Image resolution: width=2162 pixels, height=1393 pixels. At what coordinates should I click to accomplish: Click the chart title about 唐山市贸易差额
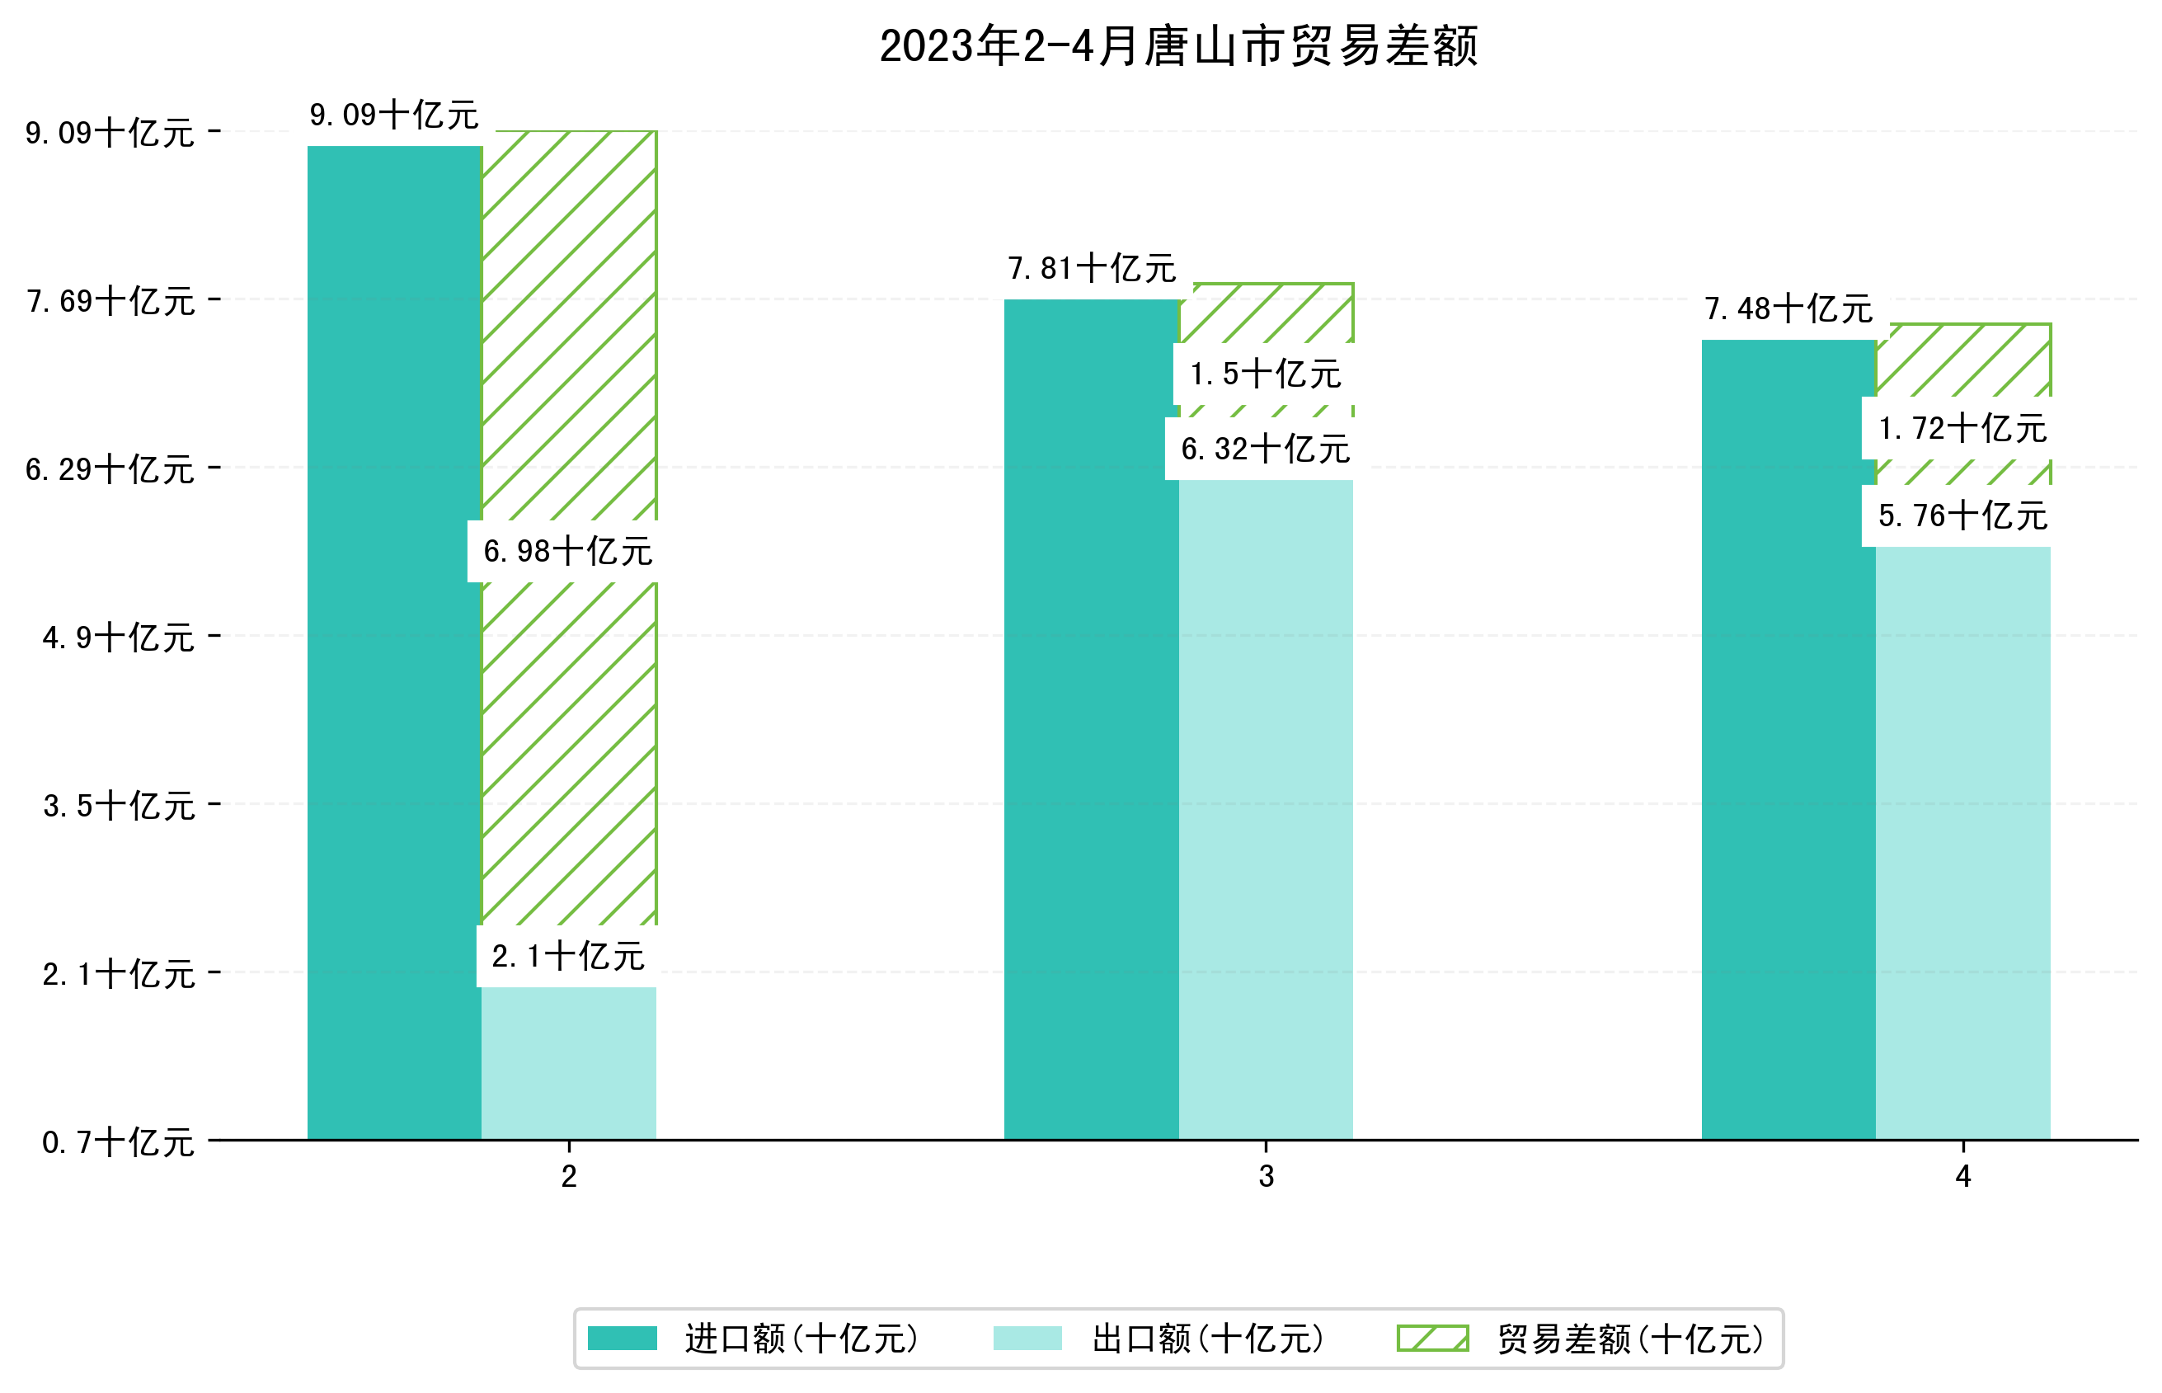click(x=1178, y=46)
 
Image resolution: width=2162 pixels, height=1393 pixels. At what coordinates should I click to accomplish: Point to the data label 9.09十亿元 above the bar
click(x=394, y=115)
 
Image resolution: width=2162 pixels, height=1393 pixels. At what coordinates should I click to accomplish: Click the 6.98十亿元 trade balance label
click(x=568, y=551)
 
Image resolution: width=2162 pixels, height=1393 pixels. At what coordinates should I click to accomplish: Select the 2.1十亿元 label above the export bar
click(x=568, y=956)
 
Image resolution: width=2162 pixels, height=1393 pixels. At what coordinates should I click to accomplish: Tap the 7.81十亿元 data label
click(x=1092, y=268)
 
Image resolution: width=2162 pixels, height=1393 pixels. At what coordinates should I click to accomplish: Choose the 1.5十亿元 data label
click(x=1265, y=374)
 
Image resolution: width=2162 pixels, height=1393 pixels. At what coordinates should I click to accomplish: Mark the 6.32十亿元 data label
click(x=1265, y=449)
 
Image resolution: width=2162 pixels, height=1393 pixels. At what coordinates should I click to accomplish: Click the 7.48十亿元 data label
click(x=1788, y=308)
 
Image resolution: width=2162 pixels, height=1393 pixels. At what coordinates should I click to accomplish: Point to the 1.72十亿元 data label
click(x=1962, y=428)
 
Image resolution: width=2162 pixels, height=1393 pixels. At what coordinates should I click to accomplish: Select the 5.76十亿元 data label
click(x=1962, y=515)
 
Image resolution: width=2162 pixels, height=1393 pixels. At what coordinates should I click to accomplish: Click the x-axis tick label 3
click(x=1266, y=1176)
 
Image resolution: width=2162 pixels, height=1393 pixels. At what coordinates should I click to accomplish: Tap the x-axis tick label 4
click(x=1963, y=1176)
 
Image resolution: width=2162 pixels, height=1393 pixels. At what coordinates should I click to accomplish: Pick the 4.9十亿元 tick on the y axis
click(x=119, y=638)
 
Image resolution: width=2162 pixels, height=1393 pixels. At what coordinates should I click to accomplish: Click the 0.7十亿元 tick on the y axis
click(x=119, y=1142)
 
